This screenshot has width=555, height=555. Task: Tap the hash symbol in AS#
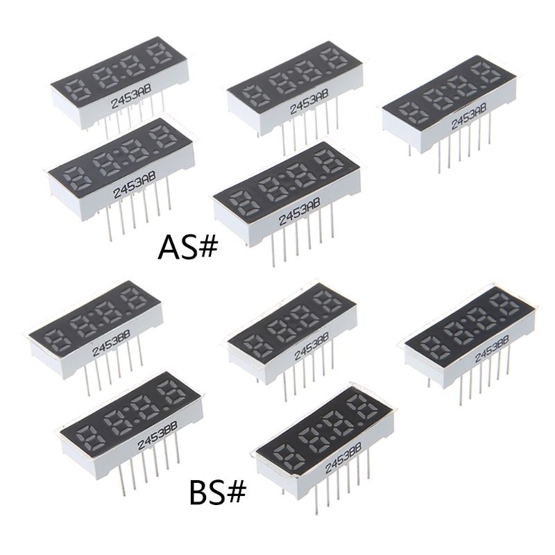(x=206, y=248)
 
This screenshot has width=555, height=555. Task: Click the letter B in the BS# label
(x=198, y=493)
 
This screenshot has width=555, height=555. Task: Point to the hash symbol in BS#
(x=235, y=493)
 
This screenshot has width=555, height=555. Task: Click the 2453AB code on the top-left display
(x=131, y=96)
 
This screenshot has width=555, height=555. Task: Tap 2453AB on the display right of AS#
(x=300, y=212)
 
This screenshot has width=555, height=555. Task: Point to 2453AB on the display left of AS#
(x=135, y=185)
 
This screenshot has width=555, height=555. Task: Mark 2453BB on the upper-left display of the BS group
(x=111, y=343)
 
